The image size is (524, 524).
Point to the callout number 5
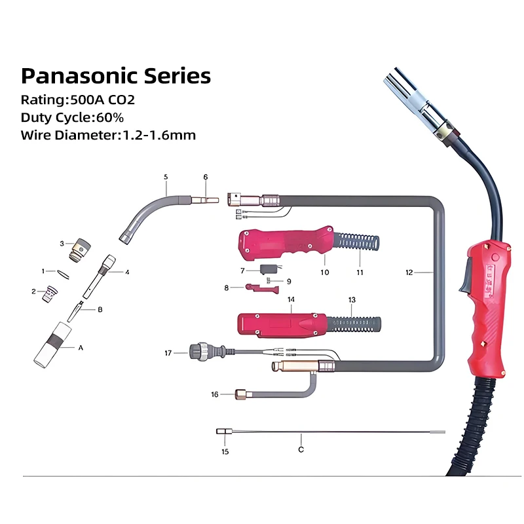[166, 177]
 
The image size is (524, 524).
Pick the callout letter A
[81, 348]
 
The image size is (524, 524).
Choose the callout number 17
[168, 352]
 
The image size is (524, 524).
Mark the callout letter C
[301, 449]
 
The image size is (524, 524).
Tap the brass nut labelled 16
[242, 394]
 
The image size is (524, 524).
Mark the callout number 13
[352, 299]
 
